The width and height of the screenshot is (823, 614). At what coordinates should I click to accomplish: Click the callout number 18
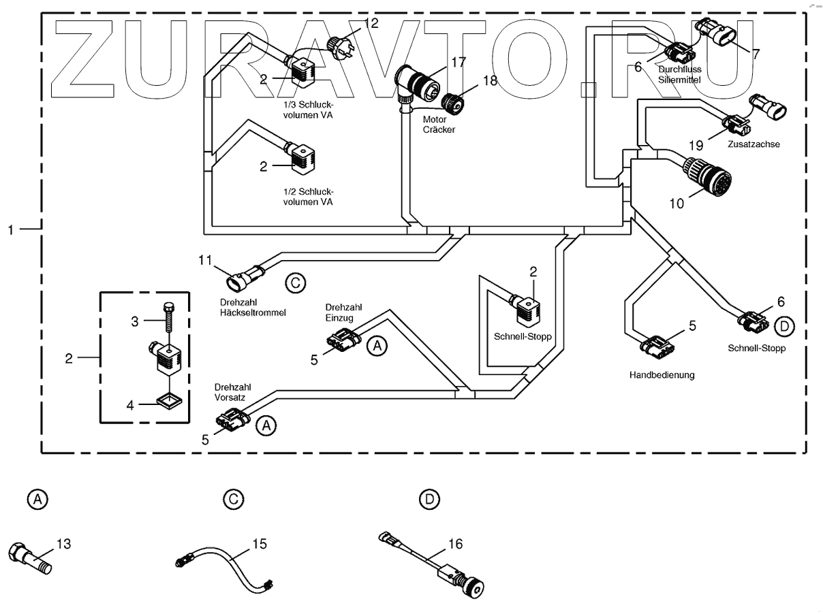[490, 80]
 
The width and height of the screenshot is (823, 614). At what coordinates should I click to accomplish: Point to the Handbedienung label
[662, 374]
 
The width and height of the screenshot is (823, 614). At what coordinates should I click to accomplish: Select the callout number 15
[259, 544]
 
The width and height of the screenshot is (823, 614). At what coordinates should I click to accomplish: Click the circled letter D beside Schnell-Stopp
[785, 327]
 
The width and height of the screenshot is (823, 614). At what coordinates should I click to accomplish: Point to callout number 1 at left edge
[12, 230]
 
